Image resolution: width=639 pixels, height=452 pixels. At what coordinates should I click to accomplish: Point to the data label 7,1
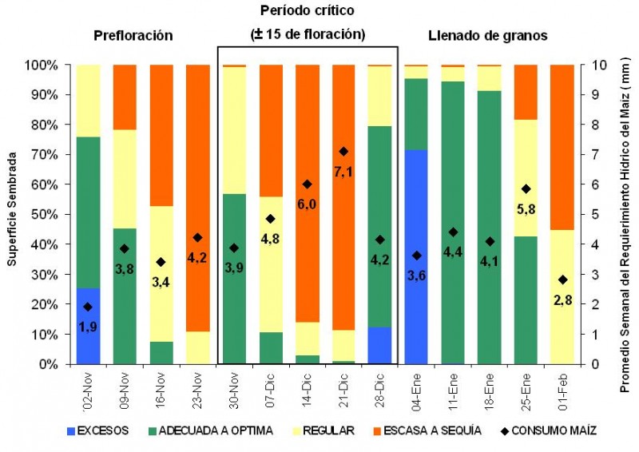click(343, 171)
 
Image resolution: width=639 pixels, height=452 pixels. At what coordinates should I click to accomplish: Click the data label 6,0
click(308, 204)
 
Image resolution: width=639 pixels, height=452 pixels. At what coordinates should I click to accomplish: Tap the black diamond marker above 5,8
click(526, 189)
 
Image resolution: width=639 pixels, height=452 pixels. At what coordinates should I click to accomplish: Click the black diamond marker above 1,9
click(89, 307)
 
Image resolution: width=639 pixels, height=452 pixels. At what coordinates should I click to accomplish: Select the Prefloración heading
click(133, 36)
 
